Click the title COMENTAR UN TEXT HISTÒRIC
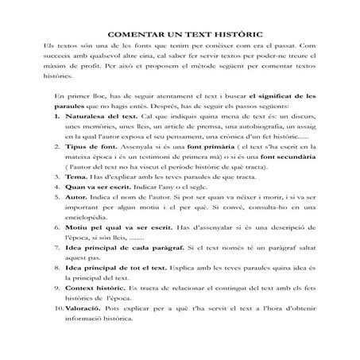pos(179,36)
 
